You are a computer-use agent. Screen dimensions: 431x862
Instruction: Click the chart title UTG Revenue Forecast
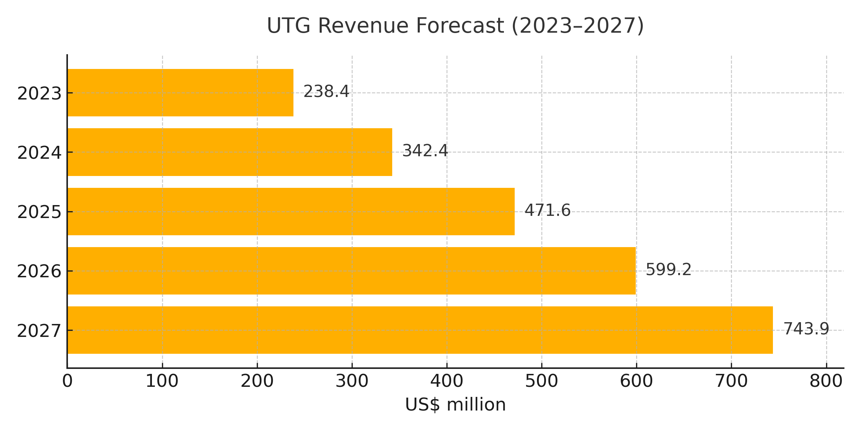[455, 26]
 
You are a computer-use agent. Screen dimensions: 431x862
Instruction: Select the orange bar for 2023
[180, 93]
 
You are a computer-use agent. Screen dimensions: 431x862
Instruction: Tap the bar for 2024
[230, 152]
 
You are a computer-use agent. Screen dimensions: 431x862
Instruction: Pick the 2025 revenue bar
[291, 212]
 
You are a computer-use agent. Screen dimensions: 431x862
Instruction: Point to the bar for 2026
[351, 271]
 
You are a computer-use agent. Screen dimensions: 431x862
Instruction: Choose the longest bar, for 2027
[420, 330]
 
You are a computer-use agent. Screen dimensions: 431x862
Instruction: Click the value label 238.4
[326, 92]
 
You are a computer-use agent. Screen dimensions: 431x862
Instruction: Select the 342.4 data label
[425, 151]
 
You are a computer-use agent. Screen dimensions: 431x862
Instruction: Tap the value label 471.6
[547, 210]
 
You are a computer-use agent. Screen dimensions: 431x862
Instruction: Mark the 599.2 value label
[668, 270]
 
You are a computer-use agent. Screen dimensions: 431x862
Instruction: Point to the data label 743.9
[806, 329]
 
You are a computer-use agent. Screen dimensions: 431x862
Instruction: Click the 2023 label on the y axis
[40, 94]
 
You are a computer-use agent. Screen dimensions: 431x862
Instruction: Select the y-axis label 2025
[40, 212]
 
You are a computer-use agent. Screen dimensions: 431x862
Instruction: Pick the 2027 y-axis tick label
[40, 331]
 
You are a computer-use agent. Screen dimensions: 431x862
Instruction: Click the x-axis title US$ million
[455, 405]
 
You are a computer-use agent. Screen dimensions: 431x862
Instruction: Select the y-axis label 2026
[40, 272]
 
